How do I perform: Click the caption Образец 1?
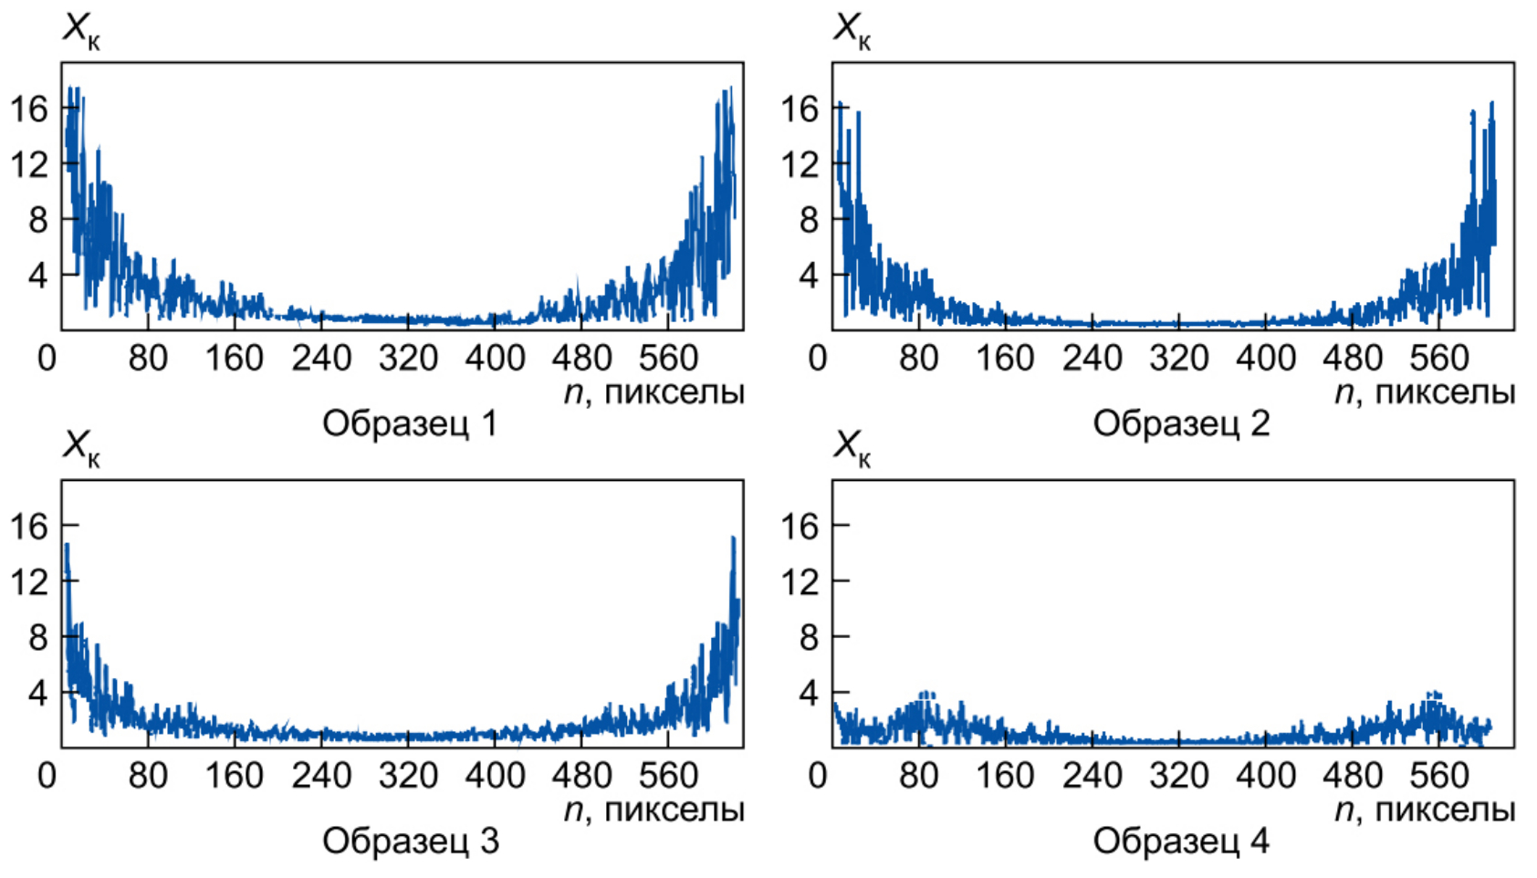click(x=410, y=423)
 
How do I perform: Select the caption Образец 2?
click(x=1181, y=423)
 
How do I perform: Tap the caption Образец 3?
click(x=410, y=841)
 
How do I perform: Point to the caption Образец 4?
click(x=1181, y=841)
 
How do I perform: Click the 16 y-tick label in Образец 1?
click(x=28, y=109)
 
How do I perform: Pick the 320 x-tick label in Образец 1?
click(x=408, y=359)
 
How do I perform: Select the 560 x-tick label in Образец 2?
click(x=1438, y=359)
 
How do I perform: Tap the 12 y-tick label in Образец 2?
click(x=799, y=164)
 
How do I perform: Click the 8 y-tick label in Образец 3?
click(x=37, y=637)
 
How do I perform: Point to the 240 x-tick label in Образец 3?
click(x=321, y=776)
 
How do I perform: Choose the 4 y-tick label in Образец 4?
click(x=809, y=693)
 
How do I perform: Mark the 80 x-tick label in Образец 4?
click(x=918, y=776)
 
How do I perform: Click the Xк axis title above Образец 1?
click(x=80, y=30)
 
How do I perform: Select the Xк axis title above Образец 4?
click(x=852, y=447)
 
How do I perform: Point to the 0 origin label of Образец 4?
click(x=818, y=776)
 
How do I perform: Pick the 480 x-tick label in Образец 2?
click(x=1352, y=359)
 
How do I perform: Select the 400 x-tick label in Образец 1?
click(x=495, y=359)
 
